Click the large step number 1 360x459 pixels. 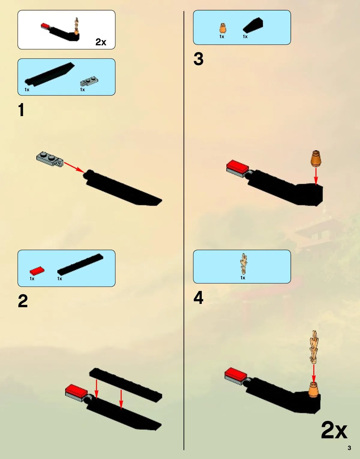click(x=21, y=110)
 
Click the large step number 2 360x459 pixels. click(x=23, y=301)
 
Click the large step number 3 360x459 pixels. click(x=198, y=59)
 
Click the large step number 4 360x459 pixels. click(x=198, y=298)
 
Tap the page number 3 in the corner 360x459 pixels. click(x=349, y=448)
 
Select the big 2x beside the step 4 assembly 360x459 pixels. click(x=334, y=430)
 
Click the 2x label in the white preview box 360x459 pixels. click(x=101, y=42)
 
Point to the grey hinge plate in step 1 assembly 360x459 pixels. click(x=50, y=159)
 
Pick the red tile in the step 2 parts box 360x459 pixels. click(x=37, y=271)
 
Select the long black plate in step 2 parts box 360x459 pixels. click(x=80, y=264)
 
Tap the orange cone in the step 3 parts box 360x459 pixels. click(x=222, y=28)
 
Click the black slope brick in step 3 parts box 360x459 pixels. click(x=253, y=25)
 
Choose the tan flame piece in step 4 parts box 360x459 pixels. click(x=244, y=264)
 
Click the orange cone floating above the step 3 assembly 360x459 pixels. click(x=316, y=159)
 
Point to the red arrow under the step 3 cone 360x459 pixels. click(x=316, y=176)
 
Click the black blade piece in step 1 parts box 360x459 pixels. click(x=50, y=74)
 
